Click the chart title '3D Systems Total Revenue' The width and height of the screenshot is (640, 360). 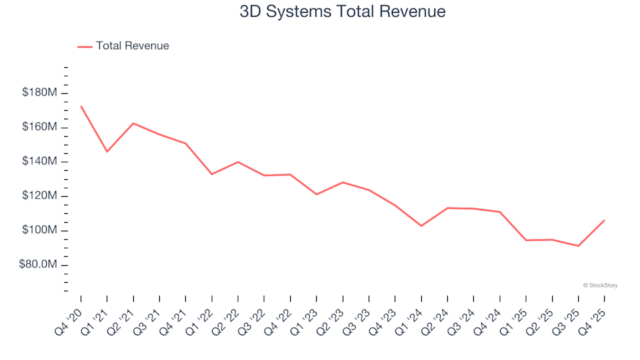click(x=343, y=12)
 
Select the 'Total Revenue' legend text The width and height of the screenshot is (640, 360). click(x=132, y=46)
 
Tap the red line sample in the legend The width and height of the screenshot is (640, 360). click(x=85, y=47)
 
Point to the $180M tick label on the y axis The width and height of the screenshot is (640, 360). click(x=41, y=93)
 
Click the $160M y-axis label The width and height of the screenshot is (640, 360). click(x=41, y=127)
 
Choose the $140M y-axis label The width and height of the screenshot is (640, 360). click(x=41, y=162)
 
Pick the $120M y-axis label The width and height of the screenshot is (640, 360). click(x=41, y=196)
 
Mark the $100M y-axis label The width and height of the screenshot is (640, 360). click(x=41, y=231)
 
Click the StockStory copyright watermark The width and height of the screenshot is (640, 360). click(x=600, y=285)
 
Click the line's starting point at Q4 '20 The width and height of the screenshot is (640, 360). click(x=81, y=106)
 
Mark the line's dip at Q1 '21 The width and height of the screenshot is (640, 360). click(x=107, y=152)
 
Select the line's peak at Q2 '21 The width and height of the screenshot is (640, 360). click(x=133, y=123)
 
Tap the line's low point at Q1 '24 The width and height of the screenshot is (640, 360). click(x=421, y=226)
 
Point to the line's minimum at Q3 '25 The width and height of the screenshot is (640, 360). click(x=578, y=246)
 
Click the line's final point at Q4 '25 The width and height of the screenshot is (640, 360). click(x=604, y=220)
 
